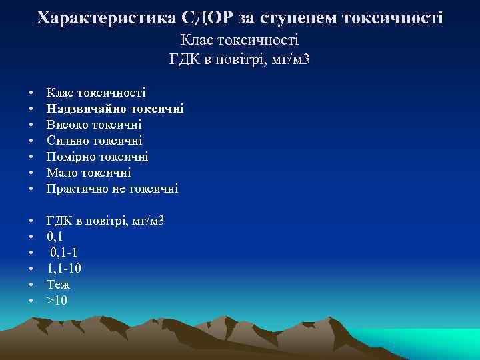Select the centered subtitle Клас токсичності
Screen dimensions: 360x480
pos(239,40)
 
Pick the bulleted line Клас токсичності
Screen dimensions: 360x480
pos(96,92)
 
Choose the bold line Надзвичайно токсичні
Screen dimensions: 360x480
pos(115,108)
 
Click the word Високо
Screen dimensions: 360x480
pos(65,125)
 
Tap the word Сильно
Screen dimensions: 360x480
pos(65,141)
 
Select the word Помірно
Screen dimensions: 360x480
pos(68,157)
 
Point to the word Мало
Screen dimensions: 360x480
pos(59,173)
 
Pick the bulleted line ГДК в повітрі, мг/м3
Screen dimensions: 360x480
pos(105,220)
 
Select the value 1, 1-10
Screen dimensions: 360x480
pos(65,268)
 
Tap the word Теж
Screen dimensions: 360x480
pos(58,284)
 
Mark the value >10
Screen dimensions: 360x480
pos(57,300)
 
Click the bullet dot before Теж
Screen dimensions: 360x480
pos(31,285)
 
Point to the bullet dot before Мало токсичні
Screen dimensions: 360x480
pos(31,173)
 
